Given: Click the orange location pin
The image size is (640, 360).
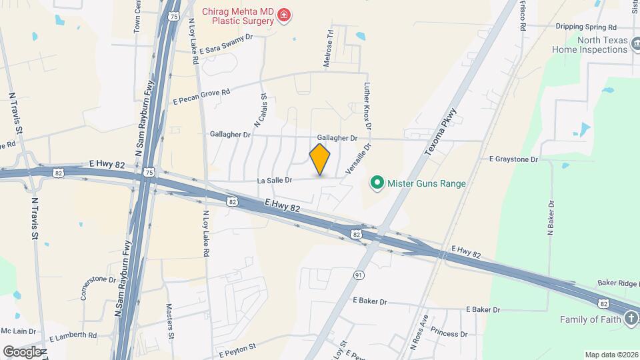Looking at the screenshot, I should pos(320,159).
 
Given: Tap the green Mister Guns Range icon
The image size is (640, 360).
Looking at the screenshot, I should pos(377,182).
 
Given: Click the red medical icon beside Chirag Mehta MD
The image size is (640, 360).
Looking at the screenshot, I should pos(285,15).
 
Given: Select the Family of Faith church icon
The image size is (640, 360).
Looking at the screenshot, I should pos(631,319).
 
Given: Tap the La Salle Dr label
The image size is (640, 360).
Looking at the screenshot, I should pos(275,180).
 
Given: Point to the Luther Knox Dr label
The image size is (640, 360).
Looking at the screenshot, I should pos(366,105).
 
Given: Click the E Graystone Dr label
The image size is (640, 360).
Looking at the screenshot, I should pos(513,159).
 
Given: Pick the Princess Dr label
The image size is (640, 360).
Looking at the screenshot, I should pos(449,333).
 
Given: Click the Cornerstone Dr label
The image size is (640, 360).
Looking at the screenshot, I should pos(97,287).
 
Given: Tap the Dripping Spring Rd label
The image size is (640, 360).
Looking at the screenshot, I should pos(585,27).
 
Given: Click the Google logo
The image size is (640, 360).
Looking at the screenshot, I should pos(23,351).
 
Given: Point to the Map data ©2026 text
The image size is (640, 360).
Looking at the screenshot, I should pos(611,355).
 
